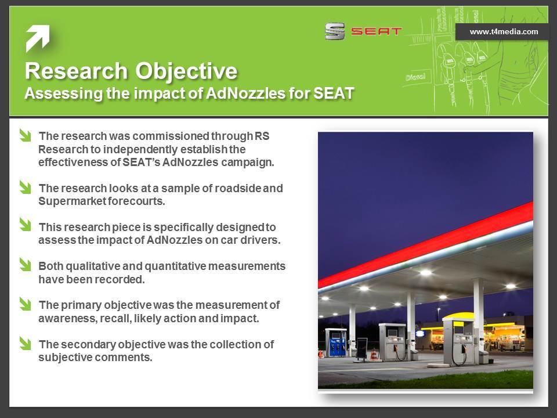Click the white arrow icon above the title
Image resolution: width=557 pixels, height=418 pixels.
click(x=38, y=38)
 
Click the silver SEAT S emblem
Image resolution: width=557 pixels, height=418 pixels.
click(x=335, y=31)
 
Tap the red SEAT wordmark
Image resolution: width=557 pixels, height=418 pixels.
click(x=376, y=31)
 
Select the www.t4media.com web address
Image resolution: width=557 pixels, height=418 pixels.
click(x=504, y=31)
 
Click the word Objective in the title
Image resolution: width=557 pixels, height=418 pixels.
click(x=186, y=71)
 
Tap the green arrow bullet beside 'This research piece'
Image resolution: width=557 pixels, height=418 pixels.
click(x=25, y=225)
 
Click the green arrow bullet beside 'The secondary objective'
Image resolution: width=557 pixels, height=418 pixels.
click(x=25, y=343)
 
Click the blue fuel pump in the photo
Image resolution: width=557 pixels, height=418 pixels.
click(x=337, y=343)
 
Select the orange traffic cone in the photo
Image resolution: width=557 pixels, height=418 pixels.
click(x=374, y=354)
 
